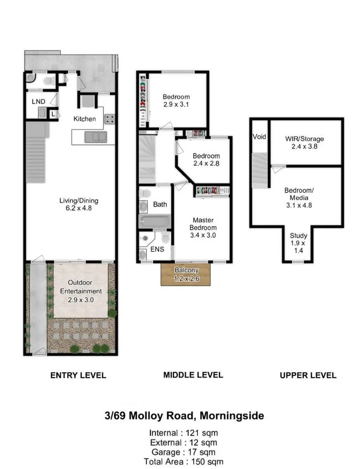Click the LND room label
coord(38,102)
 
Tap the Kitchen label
coord(85,119)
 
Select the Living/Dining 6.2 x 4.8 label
coord(78,204)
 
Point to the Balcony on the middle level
coord(187,274)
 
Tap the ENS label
coord(156,250)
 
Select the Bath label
coord(160,204)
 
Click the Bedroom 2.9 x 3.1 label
coord(176,101)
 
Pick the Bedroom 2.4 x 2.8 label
coord(206,159)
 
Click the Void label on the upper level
coord(259,137)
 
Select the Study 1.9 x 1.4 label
coord(299,242)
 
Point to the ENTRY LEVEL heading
coord(78,376)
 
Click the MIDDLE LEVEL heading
coord(193,375)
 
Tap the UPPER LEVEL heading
coord(308,376)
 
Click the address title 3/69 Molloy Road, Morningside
coord(184,416)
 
